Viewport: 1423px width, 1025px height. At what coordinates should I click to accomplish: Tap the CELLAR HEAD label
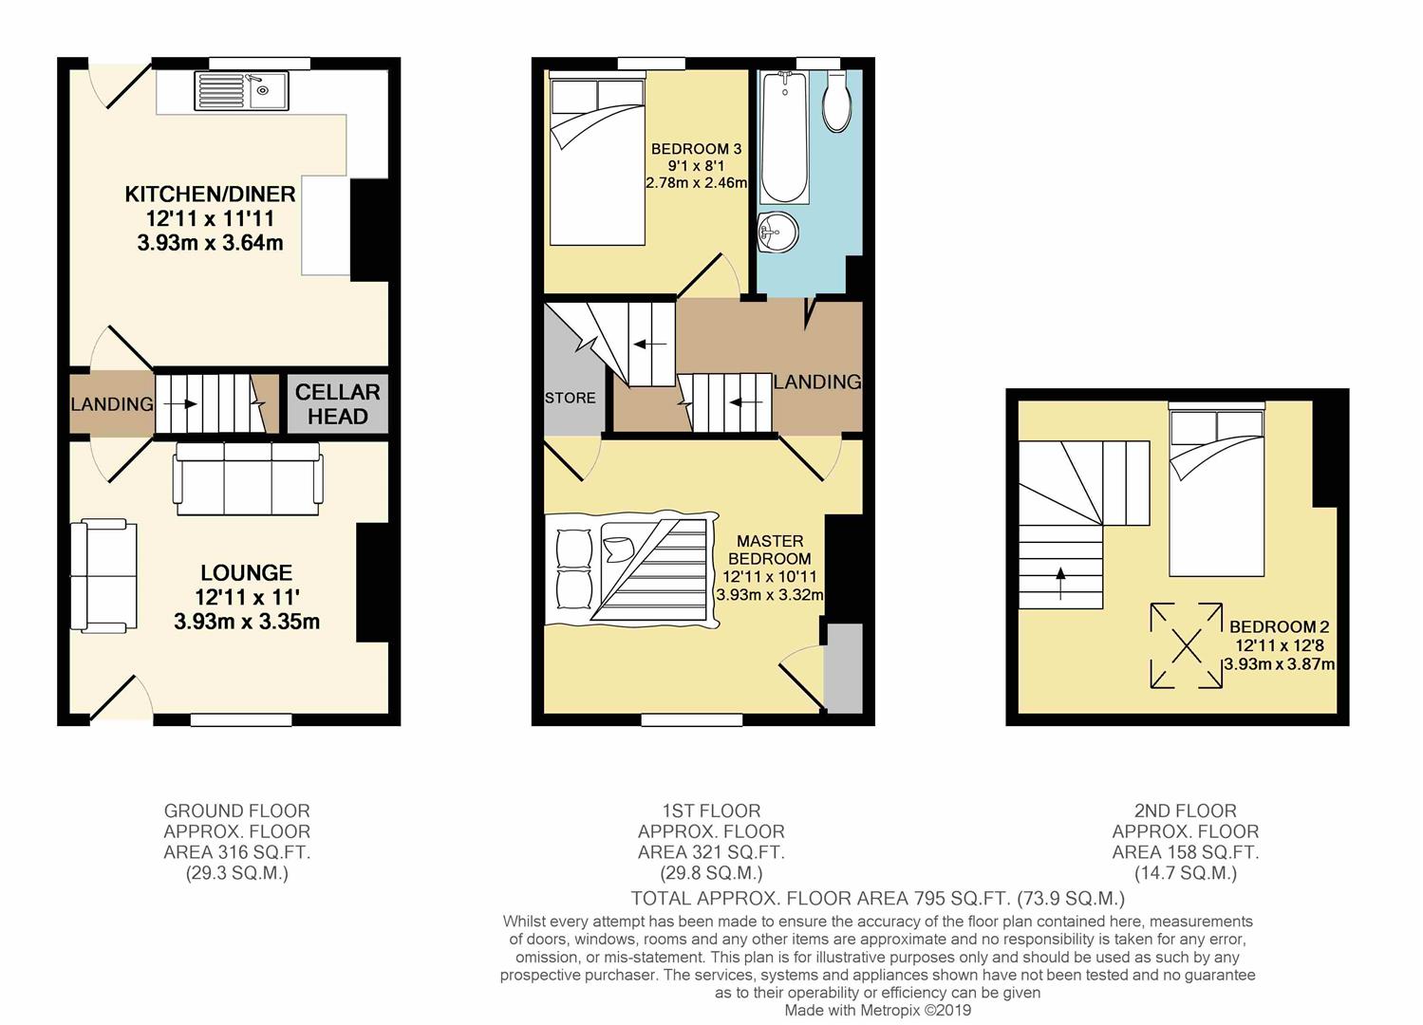coord(337,404)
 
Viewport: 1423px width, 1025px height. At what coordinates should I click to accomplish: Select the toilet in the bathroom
coord(835,103)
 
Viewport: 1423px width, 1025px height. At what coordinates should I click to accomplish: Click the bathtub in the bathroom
coord(784,139)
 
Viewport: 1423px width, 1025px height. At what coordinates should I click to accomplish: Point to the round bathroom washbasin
coord(778,231)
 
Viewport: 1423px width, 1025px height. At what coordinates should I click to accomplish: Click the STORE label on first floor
coord(571,398)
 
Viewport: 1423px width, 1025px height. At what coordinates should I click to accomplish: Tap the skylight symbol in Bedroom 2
coord(1186,645)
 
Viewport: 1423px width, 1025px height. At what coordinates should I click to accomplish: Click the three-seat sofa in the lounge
coord(247,482)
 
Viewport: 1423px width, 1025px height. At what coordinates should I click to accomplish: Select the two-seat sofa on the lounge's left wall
coord(104,575)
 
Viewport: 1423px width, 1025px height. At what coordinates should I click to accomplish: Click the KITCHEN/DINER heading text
coord(210,195)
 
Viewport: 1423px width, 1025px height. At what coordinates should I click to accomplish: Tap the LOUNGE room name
coord(246,573)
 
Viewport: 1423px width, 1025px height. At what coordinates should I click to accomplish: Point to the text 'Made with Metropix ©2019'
coord(877,1011)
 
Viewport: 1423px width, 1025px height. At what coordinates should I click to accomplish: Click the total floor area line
coord(877,898)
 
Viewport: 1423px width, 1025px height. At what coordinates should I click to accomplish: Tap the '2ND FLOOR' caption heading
coord(1185,811)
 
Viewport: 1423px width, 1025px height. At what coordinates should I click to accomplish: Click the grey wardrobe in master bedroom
coord(843,667)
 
